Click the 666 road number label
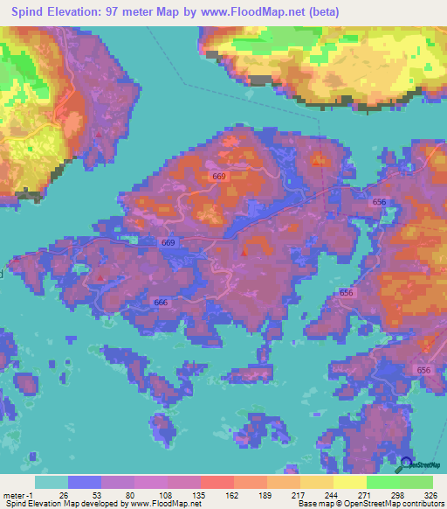pyautogui.click(x=161, y=303)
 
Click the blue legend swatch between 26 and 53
pyautogui.click(x=84, y=483)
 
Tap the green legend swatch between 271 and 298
pyautogui.click(x=382, y=483)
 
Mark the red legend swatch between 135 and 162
pyautogui.click(x=217, y=483)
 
